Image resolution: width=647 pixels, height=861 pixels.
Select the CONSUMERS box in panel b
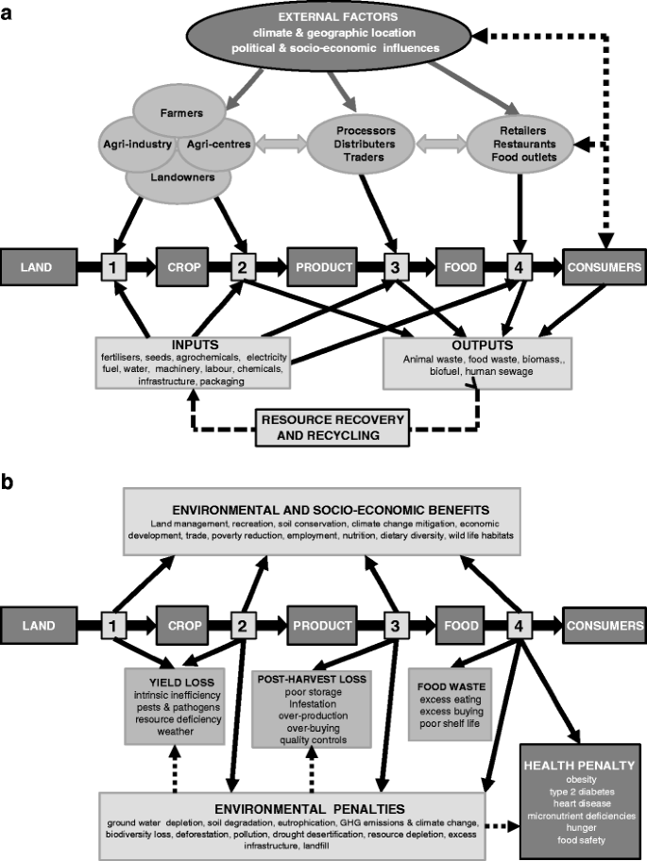click(x=604, y=626)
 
